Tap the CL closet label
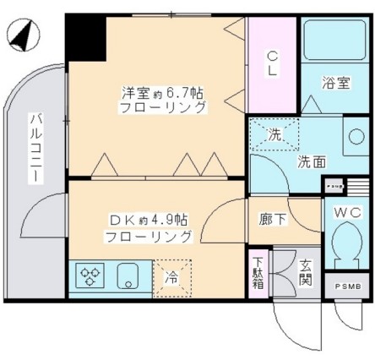click(x=272, y=64)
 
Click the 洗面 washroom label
click(x=312, y=161)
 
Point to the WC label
click(x=347, y=211)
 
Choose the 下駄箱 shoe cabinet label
click(x=258, y=272)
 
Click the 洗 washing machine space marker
click(x=274, y=134)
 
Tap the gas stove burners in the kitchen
click(x=88, y=275)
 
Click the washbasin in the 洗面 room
click(x=355, y=138)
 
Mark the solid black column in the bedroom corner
click(x=85, y=37)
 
